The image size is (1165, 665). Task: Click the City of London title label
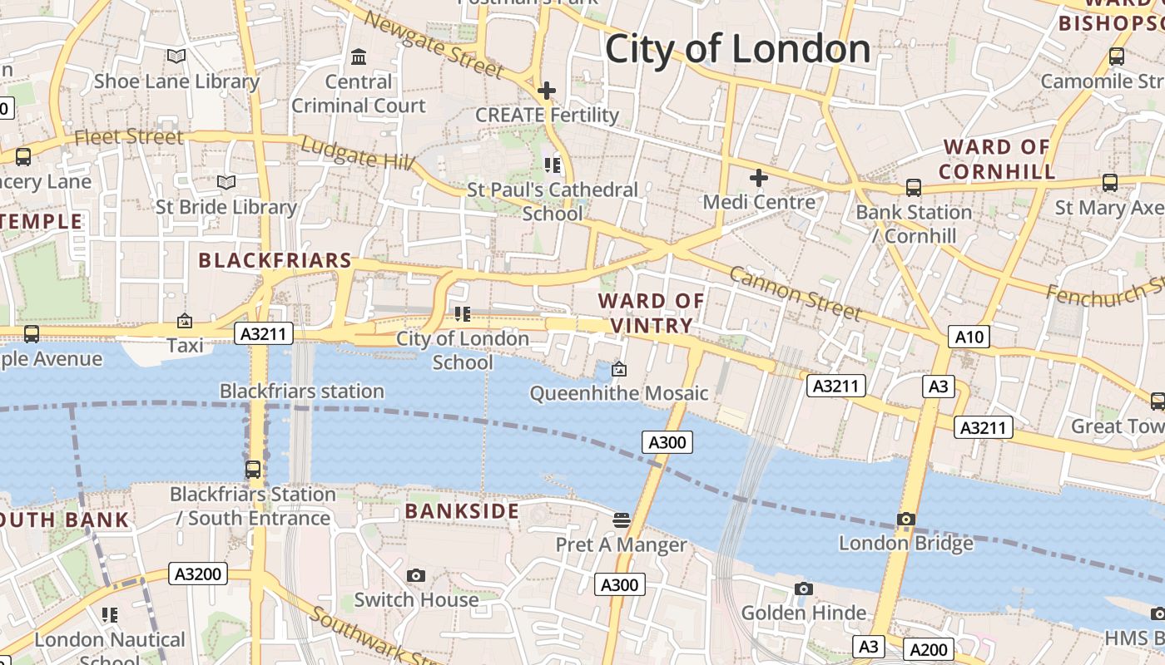[737, 49]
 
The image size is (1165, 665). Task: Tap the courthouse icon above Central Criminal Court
[359, 57]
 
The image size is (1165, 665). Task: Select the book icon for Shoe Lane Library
[176, 57]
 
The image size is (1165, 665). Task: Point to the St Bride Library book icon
[226, 182]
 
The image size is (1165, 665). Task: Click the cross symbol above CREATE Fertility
[547, 91]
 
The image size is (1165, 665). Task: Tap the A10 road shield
[969, 337]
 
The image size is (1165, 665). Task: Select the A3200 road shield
[198, 574]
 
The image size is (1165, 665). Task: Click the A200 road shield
[928, 650]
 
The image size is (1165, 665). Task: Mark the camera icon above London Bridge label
[906, 520]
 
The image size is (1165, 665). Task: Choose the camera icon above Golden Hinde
[803, 589]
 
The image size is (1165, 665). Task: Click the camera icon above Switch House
[416, 575]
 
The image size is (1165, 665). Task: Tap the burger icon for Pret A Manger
[621, 520]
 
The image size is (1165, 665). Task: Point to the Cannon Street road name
[795, 293]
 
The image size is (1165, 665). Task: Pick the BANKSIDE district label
[462, 511]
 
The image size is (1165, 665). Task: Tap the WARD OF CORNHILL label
[997, 160]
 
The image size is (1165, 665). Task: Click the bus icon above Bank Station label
[914, 188]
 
